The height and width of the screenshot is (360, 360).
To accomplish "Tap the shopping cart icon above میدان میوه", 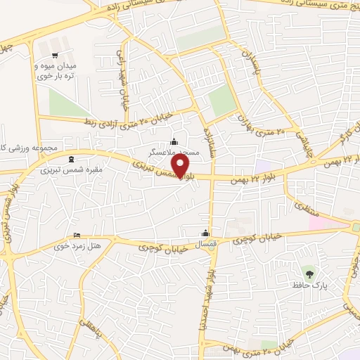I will [56, 54].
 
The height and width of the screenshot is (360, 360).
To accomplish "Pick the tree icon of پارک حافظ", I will [308, 271].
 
